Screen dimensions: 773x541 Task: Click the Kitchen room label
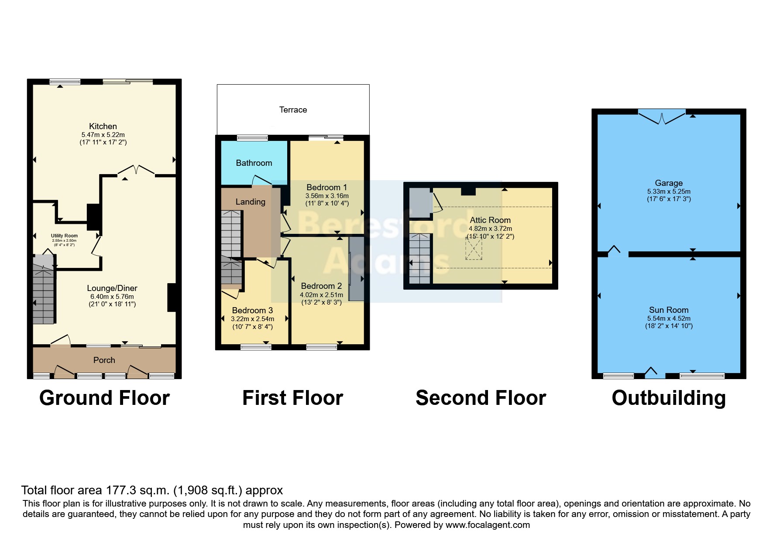pyautogui.click(x=103, y=127)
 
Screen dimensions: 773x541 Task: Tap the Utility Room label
pyautogui.click(x=64, y=236)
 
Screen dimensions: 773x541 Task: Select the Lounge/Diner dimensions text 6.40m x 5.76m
pyautogui.click(x=112, y=297)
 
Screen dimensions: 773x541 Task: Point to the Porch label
pyautogui.click(x=104, y=360)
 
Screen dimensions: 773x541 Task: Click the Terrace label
pyautogui.click(x=293, y=110)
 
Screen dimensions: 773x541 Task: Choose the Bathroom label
pyautogui.click(x=254, y=163)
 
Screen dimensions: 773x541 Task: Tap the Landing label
pyautogui.click(x=251, y=202)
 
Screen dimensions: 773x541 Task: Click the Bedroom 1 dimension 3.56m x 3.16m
pyautogui.click(x=327, y=196)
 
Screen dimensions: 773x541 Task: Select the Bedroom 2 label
pyautogui.click(x=322, y=286)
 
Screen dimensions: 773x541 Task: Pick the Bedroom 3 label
pyautogui.click(x=252, y=310)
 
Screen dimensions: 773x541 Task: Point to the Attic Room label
pyautogui.click(x=490, y=220)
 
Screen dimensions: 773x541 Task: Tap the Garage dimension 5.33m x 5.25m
pyautogui.click(x=669, y=192)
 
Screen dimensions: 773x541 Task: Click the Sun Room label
pyautogui.click(x=669, y=310)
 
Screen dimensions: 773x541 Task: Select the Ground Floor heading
pyautogui.click(x=104, y=398)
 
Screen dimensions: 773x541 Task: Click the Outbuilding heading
pyautogui.click(x=669, y=398)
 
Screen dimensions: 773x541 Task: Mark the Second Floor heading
pyautogui.click(x=481, y=398)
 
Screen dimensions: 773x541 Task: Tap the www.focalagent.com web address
pyautogui.click(x=488, y=525)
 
